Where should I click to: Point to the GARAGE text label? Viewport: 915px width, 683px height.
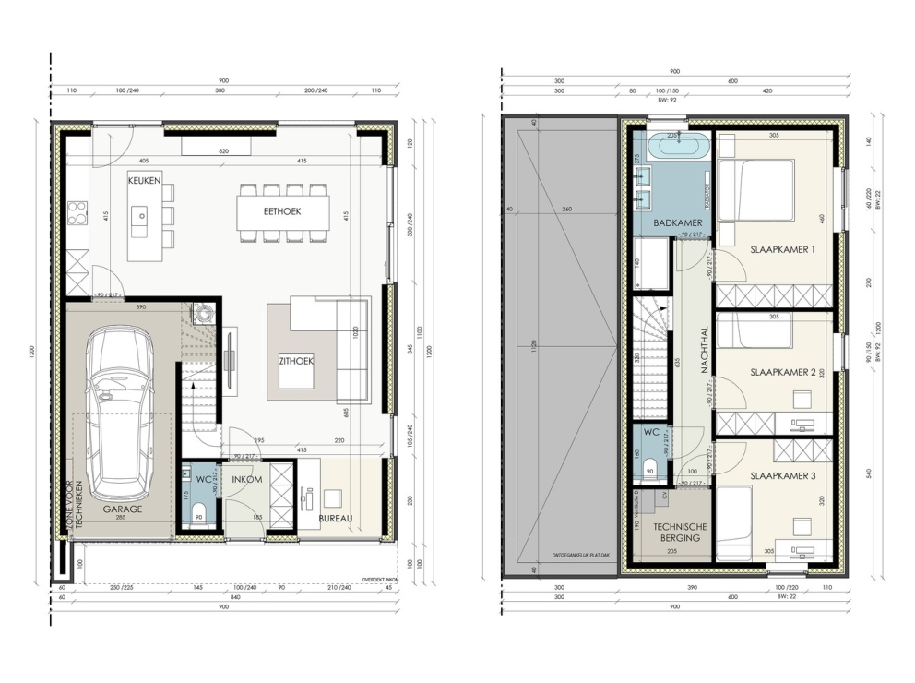122,509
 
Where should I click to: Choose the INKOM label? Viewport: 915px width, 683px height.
245,479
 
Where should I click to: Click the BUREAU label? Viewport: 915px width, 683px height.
336,518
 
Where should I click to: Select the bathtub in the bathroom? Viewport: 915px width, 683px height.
678,145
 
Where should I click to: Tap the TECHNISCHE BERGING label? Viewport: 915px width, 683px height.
680,532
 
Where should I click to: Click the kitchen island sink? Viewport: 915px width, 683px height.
139,219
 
